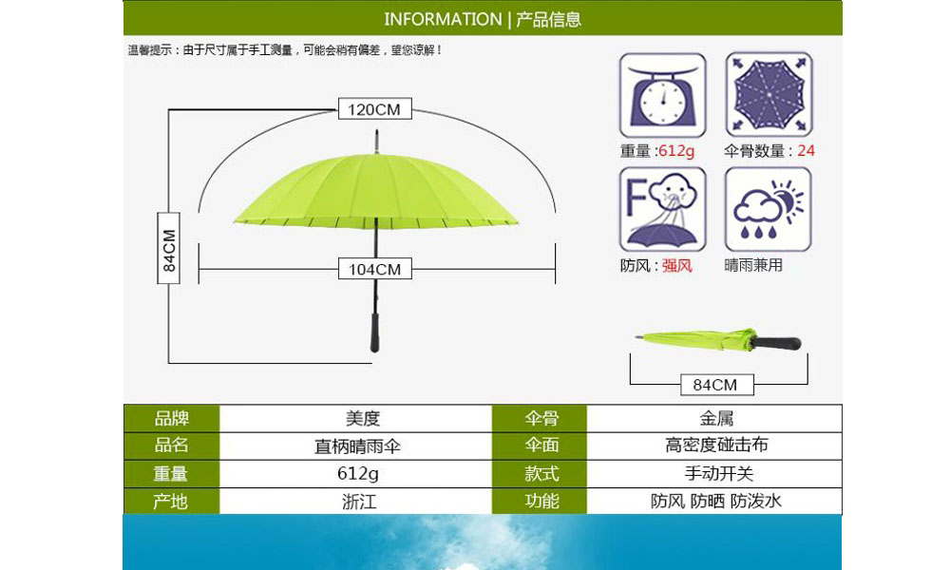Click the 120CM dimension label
tap(374, 109)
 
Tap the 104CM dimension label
tap(374, 269)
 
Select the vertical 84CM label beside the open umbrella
tap(168, 248)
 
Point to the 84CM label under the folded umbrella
tap(716, 385)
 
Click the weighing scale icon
tap(663, 95)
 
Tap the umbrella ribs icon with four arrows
tap(769, 94)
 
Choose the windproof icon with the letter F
tap(663, 210)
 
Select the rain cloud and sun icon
tap(769, 210)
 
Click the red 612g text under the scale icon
tap(676, 151)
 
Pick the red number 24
tap(806, 151)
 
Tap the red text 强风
tap(676, 265)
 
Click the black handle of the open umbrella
tap(375, 332)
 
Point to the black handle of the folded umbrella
tap(776, 344)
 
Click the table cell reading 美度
tap(362, 418)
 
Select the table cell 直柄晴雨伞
tap(357, 446)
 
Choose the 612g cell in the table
tap(357, 474)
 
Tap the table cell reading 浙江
tap(359, 502)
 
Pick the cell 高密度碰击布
tap(716, 446)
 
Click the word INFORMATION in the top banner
tap(443, 19)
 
